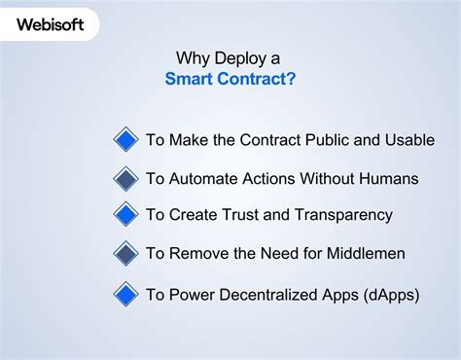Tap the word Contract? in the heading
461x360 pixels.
258,77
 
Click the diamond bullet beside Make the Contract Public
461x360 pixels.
125,139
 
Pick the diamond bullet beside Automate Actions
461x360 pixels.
125,178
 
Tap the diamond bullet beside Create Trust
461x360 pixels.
125,214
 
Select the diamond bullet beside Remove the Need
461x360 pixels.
125,253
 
